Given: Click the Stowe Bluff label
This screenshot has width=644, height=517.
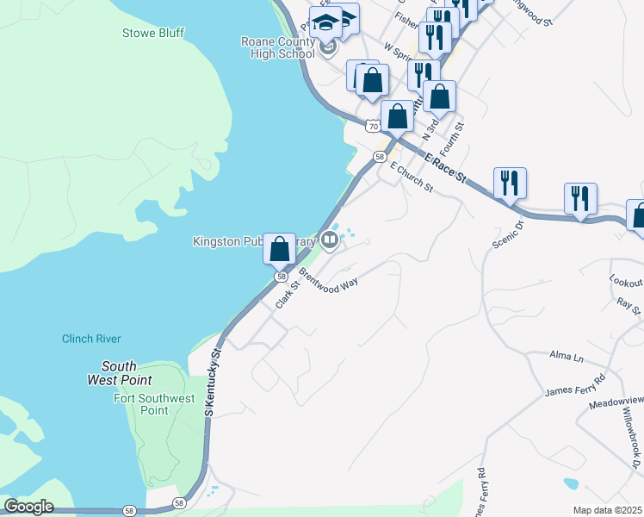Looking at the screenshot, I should (148, 34).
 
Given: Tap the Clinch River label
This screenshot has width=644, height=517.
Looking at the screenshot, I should (91, 339).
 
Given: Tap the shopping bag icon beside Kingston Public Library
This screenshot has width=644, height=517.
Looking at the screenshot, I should (279, 249).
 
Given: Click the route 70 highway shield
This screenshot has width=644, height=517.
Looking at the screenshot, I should (372, 126).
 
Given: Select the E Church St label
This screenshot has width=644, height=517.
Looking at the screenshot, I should (411, 178).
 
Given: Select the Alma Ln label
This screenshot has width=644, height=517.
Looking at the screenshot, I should (567, 356).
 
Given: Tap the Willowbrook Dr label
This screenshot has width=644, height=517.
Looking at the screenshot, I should (633, 445).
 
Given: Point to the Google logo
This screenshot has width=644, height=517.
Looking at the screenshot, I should (28, 506).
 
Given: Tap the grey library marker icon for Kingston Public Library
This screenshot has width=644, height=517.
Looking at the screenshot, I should (329, 242).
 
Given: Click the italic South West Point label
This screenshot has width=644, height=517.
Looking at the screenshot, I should (120, 373).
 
